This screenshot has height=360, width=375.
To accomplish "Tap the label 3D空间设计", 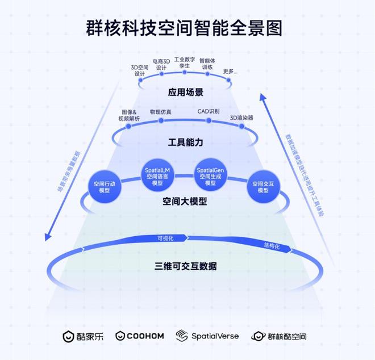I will coord(140,69).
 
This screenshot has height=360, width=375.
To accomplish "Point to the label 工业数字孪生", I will coord(184,62).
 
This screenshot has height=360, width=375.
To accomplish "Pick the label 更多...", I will coord(230,71).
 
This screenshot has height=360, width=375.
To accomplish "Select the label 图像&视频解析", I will coord(128,115).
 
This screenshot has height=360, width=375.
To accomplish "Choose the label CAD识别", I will coord(208,112).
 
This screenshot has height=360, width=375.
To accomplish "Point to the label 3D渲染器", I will coord(241,118).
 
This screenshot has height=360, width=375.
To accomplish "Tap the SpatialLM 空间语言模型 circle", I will coord(156,174).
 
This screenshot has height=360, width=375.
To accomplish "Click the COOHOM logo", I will coord(140,336).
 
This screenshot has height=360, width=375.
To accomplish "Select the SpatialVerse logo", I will coord(207,336).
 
